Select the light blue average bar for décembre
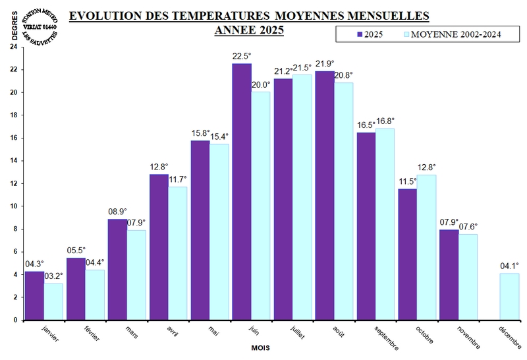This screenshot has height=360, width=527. click(x=510, y=296)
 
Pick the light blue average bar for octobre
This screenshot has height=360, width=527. click(x=427, y=247)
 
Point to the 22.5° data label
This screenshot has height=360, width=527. click(x=242, y=56)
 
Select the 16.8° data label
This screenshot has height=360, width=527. click(x=385, y=121)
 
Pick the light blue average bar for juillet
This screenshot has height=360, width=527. click(x=302, y=197)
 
